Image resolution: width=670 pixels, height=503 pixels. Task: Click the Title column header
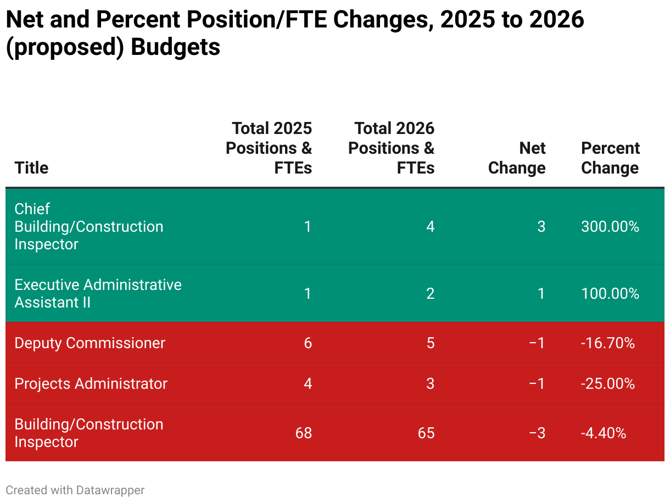31,167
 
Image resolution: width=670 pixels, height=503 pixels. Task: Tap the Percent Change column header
610,158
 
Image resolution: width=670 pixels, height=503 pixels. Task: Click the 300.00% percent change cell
610,227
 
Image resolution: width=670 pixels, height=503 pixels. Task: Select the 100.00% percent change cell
610,294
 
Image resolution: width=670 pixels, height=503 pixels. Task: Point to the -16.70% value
607,343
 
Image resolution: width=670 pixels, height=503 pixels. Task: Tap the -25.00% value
607,384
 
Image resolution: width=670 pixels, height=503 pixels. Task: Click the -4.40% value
603,433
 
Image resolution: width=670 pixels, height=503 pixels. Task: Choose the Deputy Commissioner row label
90,343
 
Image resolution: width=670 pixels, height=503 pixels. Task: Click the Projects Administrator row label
91,384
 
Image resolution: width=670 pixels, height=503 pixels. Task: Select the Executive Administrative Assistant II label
98,294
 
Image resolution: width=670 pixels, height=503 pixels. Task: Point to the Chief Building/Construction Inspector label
88,227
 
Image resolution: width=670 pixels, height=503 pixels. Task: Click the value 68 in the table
303,433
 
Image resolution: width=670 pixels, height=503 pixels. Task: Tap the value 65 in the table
426,433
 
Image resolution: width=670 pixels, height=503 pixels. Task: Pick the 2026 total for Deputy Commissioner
430,343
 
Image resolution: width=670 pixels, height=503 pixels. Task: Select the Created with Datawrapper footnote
75,490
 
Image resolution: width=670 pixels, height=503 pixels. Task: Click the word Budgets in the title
175,47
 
